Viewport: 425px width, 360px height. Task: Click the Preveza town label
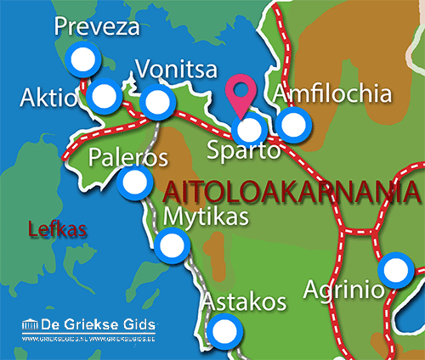point(96,27)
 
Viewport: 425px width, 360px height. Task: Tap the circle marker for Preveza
point(82,60)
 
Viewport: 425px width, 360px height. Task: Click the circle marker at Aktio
point(104,96)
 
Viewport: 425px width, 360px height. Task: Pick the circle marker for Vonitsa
point(156,104)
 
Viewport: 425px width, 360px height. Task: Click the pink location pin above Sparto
point(242,94)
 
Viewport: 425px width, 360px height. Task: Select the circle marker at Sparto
point(249,131)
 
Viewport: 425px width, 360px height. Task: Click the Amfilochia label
point(333,93)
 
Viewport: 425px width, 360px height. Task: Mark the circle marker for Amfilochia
point(293,125)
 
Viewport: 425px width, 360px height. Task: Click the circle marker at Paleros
point(134,182)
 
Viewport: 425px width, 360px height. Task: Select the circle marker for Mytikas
point(172,247)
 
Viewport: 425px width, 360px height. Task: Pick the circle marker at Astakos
point(224,329)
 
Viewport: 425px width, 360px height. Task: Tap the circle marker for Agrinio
point(394,271)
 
